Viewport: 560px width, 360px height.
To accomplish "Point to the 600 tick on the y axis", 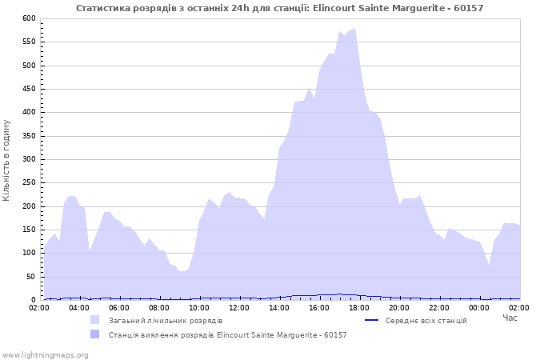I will tap(30, 18).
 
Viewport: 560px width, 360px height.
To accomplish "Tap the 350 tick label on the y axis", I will tap(30, 136).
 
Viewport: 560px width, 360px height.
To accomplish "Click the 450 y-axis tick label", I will tap(30, 89).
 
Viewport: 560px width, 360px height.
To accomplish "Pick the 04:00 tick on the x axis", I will tap(79, 307).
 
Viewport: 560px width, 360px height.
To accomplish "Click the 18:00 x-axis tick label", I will tap(359, 307).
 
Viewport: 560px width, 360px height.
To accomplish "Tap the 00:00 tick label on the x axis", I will tap(479, 307).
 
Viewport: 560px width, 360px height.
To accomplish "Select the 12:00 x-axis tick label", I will tap(239, 307).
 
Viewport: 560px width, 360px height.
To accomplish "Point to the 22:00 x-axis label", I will tap(439, 307).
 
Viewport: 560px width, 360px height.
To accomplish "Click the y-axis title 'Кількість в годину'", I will tap(7, 160).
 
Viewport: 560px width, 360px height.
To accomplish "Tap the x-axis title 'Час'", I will tap(510, 318).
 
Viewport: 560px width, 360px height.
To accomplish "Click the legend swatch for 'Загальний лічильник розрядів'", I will tap(95, 320).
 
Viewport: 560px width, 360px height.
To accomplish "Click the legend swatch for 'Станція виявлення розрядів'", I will tap(95, 334).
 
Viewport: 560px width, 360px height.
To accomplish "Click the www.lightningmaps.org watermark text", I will tap(45, 354).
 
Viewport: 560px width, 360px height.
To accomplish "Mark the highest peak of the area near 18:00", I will tap(354, 29).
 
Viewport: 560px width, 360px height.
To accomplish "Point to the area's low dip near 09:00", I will tap(183, 271).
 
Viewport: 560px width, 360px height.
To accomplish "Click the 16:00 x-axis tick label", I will tap(319, 307).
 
